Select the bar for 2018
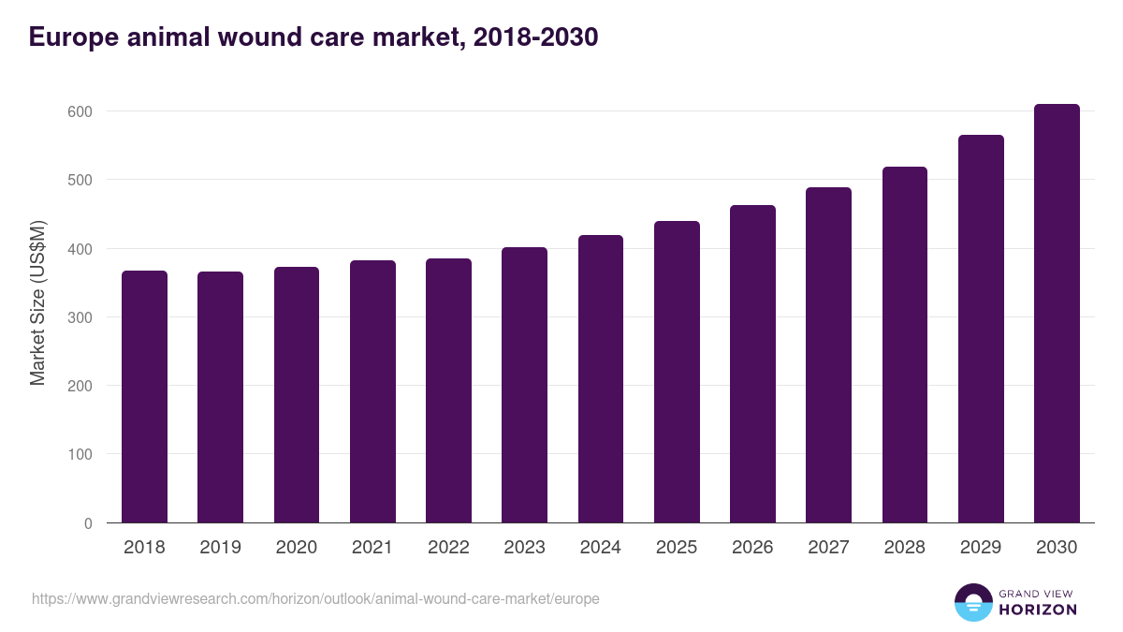144,397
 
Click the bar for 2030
1057,314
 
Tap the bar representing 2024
601,379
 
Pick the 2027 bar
828,355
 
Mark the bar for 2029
981,329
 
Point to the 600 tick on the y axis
81,111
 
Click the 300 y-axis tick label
81,317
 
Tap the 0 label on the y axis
88,523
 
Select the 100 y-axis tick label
81,454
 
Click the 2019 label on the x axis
220,548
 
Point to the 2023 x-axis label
524,548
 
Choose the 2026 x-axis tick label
752,548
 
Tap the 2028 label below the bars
904,548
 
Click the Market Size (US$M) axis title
37,302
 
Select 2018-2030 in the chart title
535,37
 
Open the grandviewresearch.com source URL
315,598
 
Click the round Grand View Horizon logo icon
972,602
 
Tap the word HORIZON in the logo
1038,610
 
